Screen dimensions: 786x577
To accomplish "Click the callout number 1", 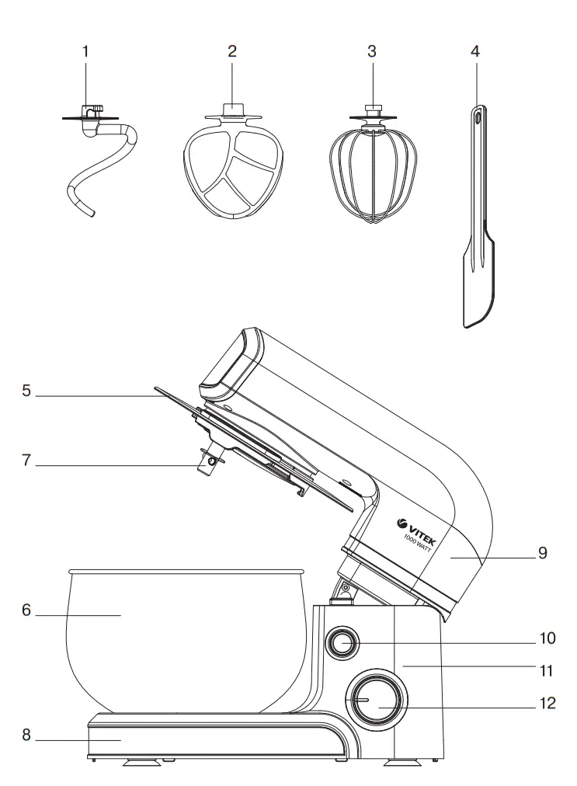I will (85, 52).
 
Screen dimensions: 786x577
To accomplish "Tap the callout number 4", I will (475, 52).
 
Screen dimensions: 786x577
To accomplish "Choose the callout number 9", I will (543, 554).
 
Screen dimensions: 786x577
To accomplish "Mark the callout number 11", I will (548, 666).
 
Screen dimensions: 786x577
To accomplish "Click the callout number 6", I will (26, 610).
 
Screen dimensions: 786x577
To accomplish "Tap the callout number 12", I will (548, 704).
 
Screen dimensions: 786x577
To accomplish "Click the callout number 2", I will (231, 52).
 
